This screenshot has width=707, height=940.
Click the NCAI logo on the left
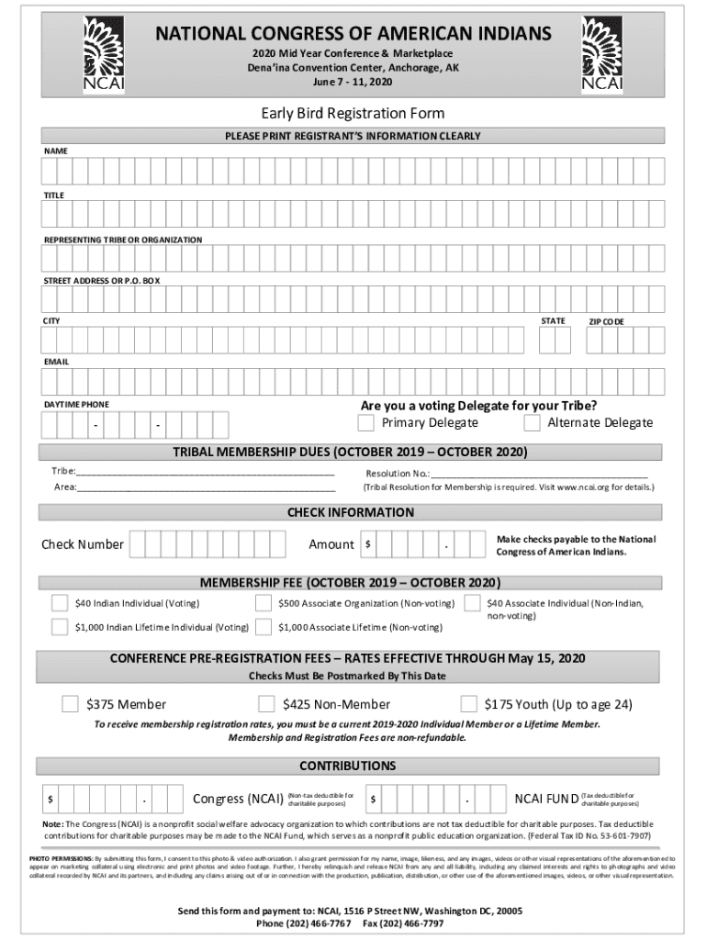coord(104,54)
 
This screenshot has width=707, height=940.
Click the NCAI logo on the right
coord(602,54)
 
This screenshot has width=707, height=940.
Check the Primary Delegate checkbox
coord(365,423)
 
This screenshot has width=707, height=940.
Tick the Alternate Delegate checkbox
coord(532,423)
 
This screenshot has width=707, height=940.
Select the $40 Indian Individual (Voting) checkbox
coord(60,603)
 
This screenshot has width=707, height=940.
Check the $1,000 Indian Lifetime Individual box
coord(60,628)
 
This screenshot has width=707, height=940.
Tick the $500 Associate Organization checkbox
coord(264,603)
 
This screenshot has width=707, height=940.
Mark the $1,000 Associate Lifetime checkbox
coord(264,628)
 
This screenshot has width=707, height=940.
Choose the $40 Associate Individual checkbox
coord(472,603)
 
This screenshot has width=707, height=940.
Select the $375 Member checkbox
coord(70,704)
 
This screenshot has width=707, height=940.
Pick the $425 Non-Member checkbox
coord(266,704)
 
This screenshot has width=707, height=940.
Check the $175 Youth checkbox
coord(468,704)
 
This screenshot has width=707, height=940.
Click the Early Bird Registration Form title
coord(353,114)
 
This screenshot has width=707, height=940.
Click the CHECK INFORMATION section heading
coord(351,512)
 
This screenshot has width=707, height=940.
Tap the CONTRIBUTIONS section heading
coord(348,766)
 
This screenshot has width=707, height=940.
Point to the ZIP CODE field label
coord(606,322)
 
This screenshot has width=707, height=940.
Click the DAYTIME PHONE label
coord(76,405)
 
